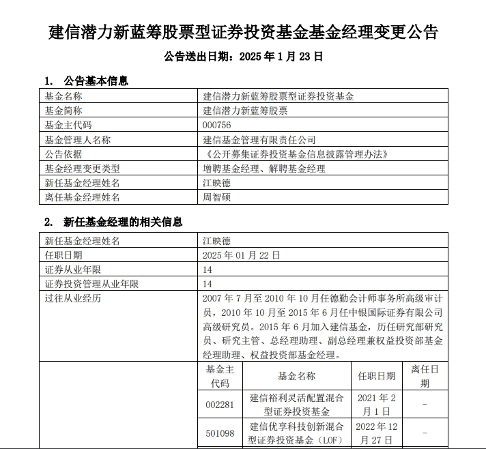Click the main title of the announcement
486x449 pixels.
pyautogui.click(x=243, y=32)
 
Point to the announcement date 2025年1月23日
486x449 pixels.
pyautogui.click(x=243, y=57)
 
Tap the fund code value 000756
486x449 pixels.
pyautogui.click(x=217, y=125)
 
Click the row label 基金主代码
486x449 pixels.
pyautogui.click(x=68, y=125)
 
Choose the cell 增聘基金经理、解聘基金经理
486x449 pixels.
pyautogui.click(x=264, y=169)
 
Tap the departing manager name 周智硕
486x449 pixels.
pyautogui.click(x=217, y=197)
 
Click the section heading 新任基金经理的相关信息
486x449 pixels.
pyautogui.click(x=123, y=222)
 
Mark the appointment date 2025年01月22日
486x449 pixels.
pyautogui.click(x=242, y=255)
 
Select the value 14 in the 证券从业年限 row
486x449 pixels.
pyautogui.click(x=208, y=270)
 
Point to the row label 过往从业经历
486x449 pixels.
pyautogui.click(x=72, y=299)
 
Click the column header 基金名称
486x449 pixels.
pyautogui.click(x=296, y=376)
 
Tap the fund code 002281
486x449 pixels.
pyautogui.click(x=219, y=405)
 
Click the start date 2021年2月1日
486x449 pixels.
pyautogui.click(x=376, y=405)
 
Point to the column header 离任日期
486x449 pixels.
pyautogui.click(x=425, y=376)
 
